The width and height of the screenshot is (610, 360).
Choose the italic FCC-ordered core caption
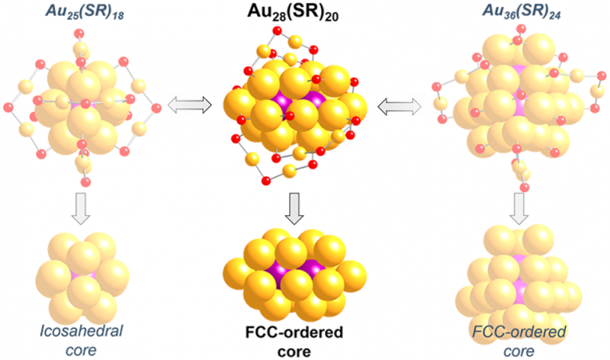pyautogui.click(x=525, y=340)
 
